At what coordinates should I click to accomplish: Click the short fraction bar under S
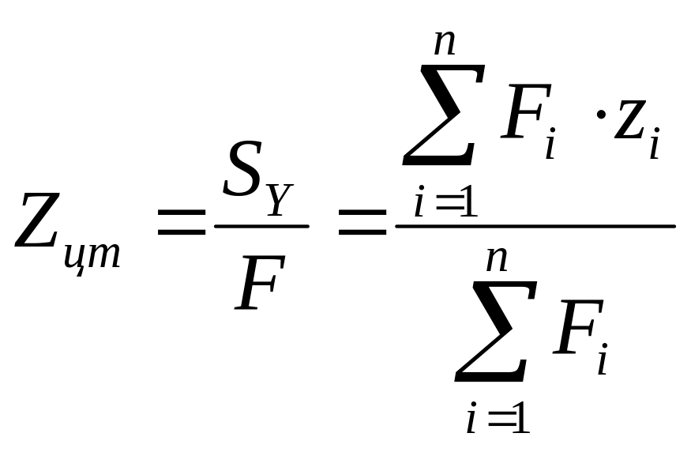tap(261, 227)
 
